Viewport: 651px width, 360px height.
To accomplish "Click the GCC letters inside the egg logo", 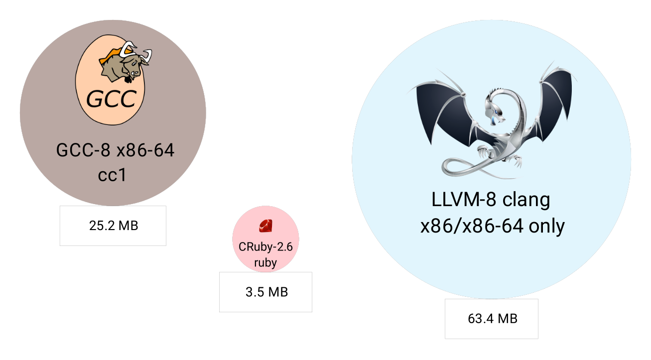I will [111, 99].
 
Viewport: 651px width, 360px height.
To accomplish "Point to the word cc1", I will [113, 175].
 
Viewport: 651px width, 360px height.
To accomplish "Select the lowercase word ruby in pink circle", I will [265, 263].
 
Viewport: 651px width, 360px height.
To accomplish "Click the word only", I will [546, 226].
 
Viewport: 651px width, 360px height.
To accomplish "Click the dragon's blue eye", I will [493, 120].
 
